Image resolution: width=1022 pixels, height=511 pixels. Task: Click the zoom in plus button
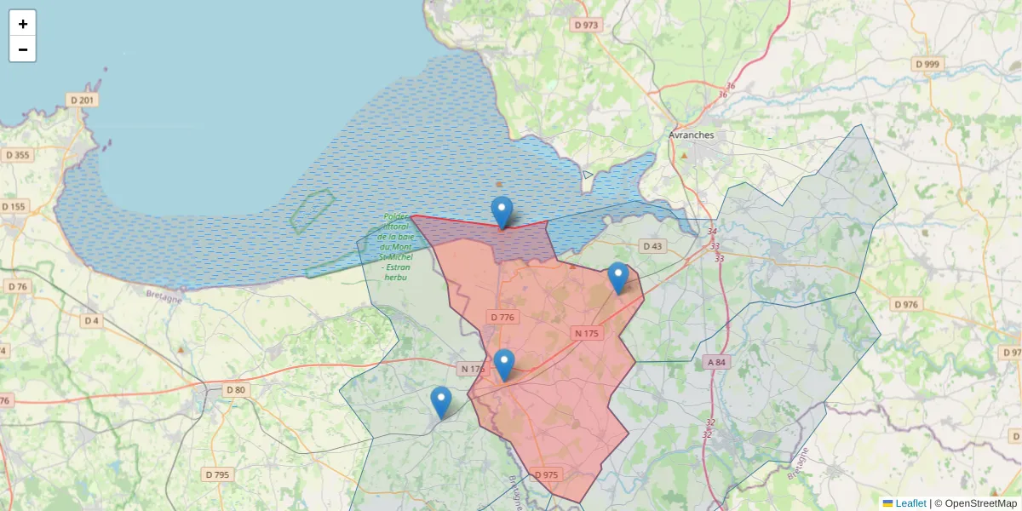tap(22, 24)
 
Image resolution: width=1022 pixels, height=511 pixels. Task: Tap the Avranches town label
tap(691, 135)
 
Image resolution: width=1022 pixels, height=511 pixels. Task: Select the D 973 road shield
tap(586, 25)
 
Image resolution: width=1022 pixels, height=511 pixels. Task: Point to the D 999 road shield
tap(927, 64)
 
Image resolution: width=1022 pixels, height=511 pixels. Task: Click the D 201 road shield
tap(83, 100)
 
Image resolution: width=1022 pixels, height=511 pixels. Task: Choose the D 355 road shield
tap(17, 155)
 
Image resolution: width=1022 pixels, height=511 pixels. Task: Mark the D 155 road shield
tap(14, 206)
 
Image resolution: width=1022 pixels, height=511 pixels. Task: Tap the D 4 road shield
tap(92, 321)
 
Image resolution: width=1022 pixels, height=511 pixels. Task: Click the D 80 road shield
tap(236, 390)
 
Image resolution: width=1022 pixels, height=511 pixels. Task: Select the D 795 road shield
tap(217, 474)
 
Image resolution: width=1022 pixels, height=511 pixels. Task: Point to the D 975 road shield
tap(546, 474)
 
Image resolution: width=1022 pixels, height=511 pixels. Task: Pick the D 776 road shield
tap(502, 317)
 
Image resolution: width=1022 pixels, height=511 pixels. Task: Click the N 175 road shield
tap(587, 333)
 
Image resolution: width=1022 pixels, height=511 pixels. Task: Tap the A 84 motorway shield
tap(716, 362)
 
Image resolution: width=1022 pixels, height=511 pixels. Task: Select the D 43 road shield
tap(652, 246)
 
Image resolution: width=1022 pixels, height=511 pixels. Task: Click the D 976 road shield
tap(906, 304)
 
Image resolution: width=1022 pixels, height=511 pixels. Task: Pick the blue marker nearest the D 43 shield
tap(618, 278)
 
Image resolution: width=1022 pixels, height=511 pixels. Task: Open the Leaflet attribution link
tap(910, 503)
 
